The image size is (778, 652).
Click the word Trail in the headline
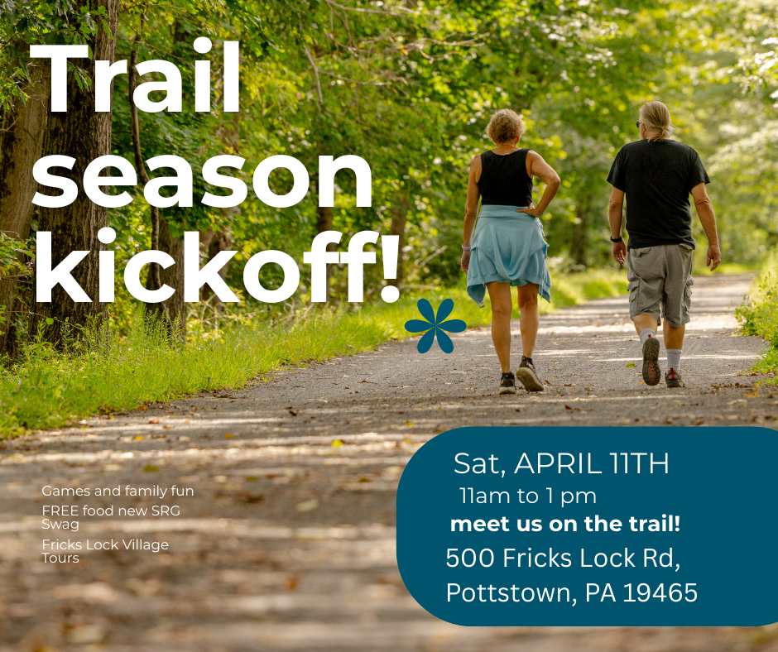click(x=135, y=76)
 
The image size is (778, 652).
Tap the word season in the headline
click(x=202, y=181)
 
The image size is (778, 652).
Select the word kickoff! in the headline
click(x=217, y=266)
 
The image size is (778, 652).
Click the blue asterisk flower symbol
click(x=435, y=325)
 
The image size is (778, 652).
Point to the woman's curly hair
click(x=505, y=126)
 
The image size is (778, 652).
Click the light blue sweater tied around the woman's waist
click(x=508, y=250)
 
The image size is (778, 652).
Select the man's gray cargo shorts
click(x=660, y=283)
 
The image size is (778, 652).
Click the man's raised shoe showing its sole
click(x=651, y=361)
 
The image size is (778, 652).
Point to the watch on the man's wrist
click(x=617, y=239)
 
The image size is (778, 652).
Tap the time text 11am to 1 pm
click(x=527, y=496)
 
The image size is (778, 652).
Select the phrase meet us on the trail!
click(x=565, y=524)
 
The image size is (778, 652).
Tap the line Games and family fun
click(x=118, y=491)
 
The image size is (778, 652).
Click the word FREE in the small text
click(x=60, y=511)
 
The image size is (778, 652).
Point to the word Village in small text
click(x=146, y=545)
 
